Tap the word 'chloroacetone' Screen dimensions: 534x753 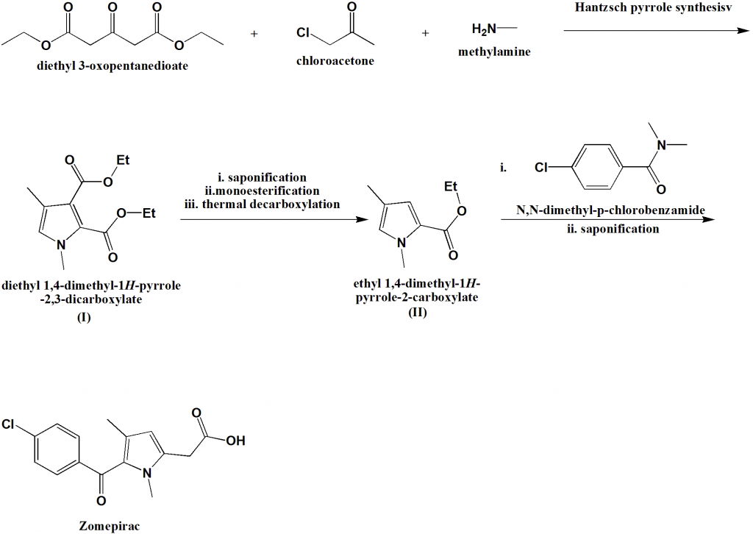point(335,61)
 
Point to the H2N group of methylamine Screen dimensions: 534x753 point(485,29)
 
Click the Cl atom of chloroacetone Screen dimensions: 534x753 point(304,33)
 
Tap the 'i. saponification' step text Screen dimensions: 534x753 point(263,178)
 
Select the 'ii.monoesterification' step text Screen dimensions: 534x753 point(262,191)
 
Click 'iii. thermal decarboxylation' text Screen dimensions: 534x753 point(263,204)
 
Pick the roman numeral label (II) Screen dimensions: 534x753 point(417,312)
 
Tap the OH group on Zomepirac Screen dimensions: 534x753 point(235,441)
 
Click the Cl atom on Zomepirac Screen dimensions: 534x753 point(10,424)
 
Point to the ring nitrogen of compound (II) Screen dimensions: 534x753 point(402,238)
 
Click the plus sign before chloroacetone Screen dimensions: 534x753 point(254,34)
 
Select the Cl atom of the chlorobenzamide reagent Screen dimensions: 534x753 point(542,168)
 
